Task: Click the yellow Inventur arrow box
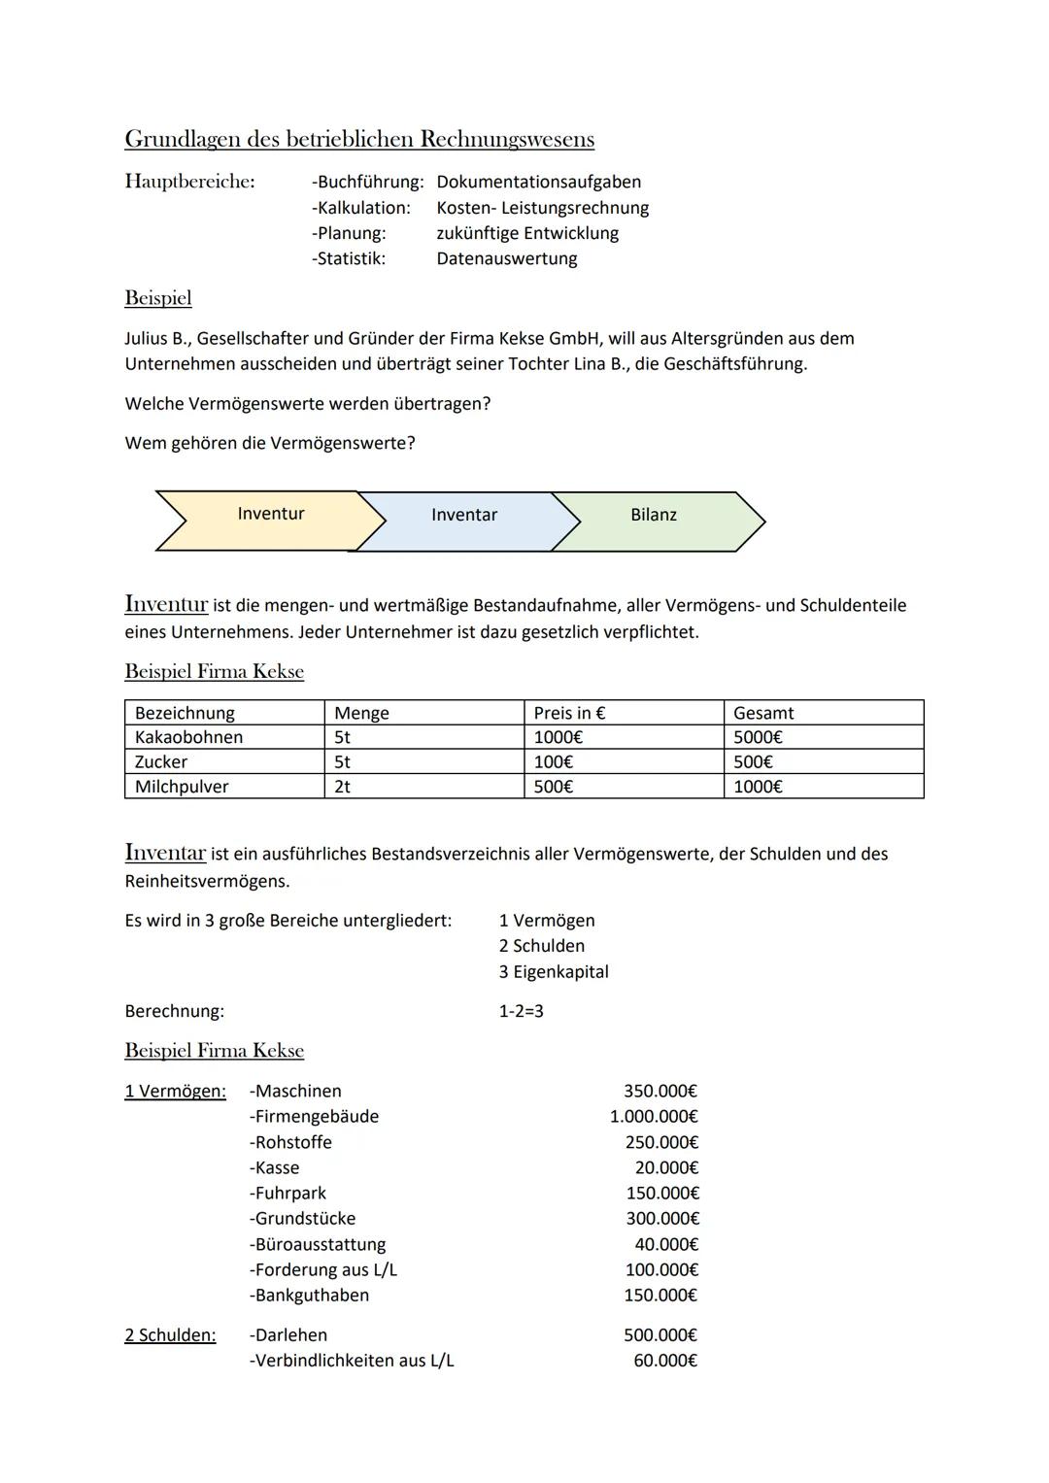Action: coord(270,515)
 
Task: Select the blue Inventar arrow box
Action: coord(464,516)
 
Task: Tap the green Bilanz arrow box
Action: coord(654,516)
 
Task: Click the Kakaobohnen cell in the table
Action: coord(189,737)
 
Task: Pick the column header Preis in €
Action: coord(569,713)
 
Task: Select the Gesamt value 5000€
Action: coord(758,737)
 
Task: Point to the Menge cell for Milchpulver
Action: coord(343,787)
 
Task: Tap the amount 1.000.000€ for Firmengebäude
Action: coord(654,1117)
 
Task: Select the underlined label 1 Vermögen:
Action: coord(175,1092)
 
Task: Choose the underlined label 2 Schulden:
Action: coord(170,1335)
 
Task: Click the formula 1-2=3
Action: coord(522,1011)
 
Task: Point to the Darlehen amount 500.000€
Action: coord(660,1335)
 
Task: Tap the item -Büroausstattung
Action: coord(318,1244)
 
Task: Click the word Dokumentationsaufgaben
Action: coord(539,182)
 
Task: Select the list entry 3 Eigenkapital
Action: coord(554,972)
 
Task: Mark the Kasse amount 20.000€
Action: coord(666,1167)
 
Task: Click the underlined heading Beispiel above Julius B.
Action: coord(158,298)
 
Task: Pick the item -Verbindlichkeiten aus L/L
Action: coord(352,1361)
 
